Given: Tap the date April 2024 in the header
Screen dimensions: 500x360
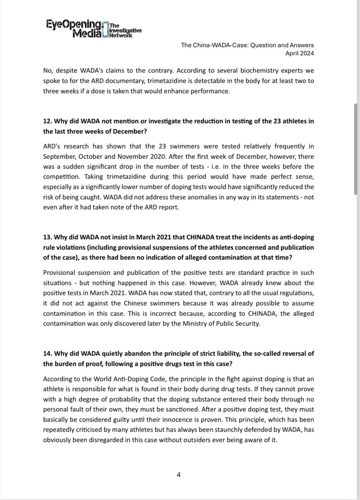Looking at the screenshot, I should (x=299, y=53).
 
